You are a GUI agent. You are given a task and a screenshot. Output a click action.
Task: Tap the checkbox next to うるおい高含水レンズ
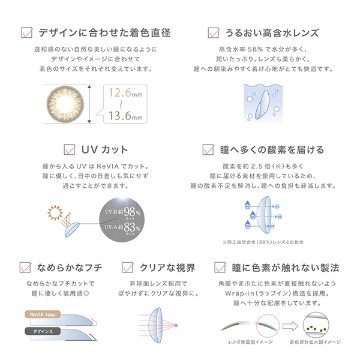pos(212,32)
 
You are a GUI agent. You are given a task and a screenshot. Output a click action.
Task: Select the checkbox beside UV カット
pos(68,149)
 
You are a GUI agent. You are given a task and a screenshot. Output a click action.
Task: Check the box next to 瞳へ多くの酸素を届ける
pos(208,149)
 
